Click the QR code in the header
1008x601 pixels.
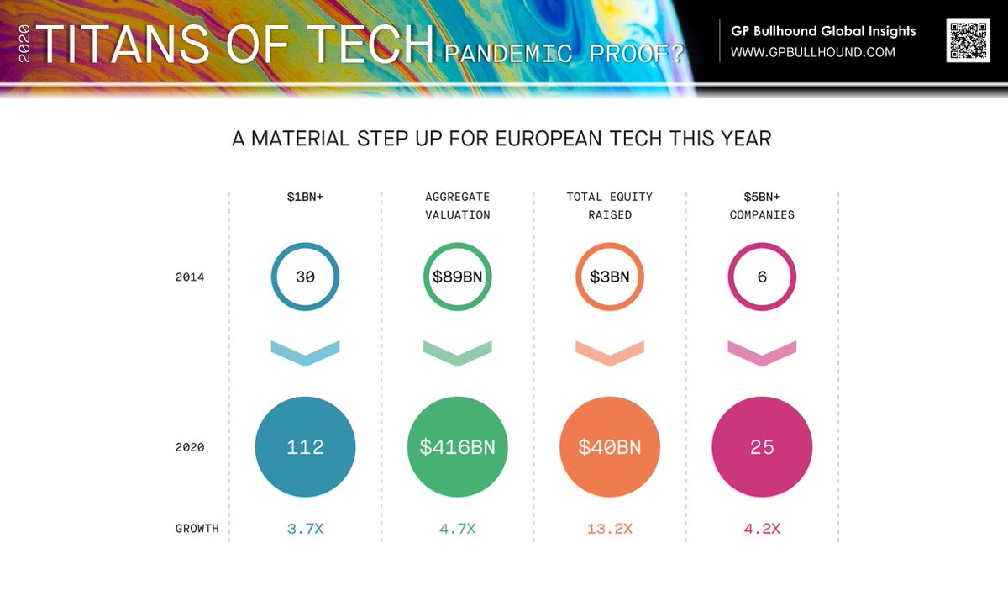click(x=968, y=40)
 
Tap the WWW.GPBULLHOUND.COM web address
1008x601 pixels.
click(x=812, y=52)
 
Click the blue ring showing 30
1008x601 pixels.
click(x=305, y=277)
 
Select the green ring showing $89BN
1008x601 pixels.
click(x=458, y=277)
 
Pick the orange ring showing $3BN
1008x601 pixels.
click(x=610, y=277)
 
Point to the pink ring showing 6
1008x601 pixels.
click(x=762, y=277)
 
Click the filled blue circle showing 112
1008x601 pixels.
click(x=305, y=447)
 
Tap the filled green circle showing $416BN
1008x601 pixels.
click(x=458, y=447)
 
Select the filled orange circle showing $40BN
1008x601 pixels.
click(x=610, y=447)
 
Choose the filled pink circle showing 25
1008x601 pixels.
click(x=762, y=447)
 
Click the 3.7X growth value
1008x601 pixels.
click(x=305, y=529)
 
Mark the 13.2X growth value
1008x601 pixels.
click(x=610, y=529)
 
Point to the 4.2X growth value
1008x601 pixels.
click(x=762, y=529)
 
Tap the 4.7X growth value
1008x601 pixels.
click(x=458, y=529)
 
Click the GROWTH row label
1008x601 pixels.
click(x=197, y=529)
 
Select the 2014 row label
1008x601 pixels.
click(x=190, y=277)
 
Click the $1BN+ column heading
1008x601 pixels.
click(x=305, y=198)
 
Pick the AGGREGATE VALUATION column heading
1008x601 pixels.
click(x=458, y=206)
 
